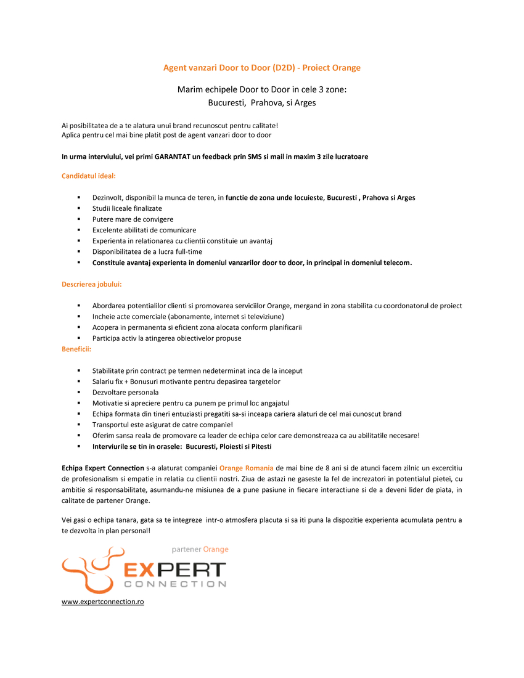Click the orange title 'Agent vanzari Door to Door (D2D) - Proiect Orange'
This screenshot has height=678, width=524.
261,68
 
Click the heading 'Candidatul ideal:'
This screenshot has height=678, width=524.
88,176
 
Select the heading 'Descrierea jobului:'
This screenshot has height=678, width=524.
91,284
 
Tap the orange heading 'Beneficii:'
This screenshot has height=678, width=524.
76,349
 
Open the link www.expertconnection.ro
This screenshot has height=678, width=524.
102,602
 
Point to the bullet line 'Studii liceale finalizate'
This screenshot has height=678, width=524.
127,208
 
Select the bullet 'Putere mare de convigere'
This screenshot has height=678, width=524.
133,219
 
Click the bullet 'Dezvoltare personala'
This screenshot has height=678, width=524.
125,392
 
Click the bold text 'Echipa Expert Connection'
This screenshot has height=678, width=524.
102,468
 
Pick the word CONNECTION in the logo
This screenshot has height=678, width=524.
175,584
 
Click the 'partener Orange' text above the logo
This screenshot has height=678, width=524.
200,549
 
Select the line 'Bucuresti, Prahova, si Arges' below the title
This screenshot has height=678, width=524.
261,103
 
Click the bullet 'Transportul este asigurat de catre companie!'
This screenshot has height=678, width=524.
163,425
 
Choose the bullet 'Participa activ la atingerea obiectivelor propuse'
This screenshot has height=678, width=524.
166,338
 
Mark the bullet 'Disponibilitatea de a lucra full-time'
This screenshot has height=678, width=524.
147,251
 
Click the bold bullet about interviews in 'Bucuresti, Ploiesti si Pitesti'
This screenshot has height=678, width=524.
181,446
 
